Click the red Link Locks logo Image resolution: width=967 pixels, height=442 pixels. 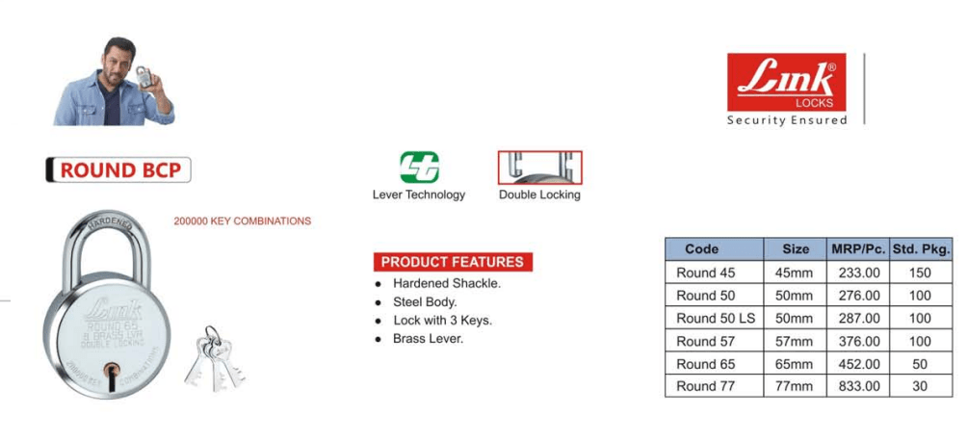point(786,82)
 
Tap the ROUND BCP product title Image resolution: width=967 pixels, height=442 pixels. point(118,170)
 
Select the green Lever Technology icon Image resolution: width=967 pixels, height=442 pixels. point(419,168)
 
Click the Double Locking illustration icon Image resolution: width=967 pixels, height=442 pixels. point(539,167)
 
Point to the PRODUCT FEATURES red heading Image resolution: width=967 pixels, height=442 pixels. point(452,262)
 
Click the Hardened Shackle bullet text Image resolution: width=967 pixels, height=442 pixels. point(447,283)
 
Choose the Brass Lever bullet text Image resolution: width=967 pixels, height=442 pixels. point(429,338)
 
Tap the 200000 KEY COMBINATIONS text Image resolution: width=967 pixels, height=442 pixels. point(242,221)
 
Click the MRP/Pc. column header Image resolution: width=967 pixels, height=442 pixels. point(856,248)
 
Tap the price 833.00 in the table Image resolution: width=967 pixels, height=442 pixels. point(856,386)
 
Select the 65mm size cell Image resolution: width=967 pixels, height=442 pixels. point(794,364)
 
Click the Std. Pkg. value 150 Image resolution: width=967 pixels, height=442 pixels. point(920,273)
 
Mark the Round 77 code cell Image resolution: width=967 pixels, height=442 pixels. point(705,386)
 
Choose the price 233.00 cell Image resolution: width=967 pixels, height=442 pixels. point(856,273)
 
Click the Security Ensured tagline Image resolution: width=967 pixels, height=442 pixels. point(786,120)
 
